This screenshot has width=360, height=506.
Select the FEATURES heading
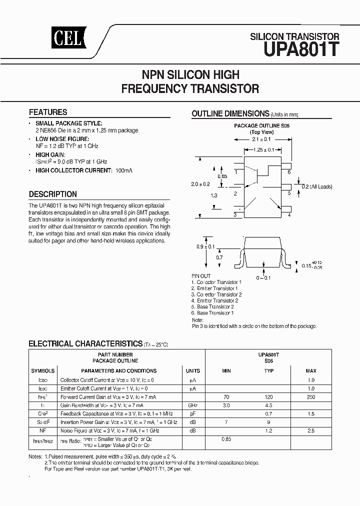pyautogui.click(x=48, y=112)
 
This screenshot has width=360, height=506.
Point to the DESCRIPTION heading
pyautogui.click(x=53, y=194)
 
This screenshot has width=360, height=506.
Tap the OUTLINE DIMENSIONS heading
pyautogui.click(x=230, y=113)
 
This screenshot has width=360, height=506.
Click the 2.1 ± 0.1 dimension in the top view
pyautogui.click(x=262, y=139)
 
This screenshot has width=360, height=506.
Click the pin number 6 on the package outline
pyautogui.click(x=289, y=171)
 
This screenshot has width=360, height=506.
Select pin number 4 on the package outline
pyautogui.click(x=289, y=215)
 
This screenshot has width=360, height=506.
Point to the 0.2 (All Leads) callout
pyautogui.click(x=317, y=186)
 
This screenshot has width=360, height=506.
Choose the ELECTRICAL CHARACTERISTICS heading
pyautogui.click(x=85, y=344)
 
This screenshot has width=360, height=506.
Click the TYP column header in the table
pyautogui.click(x=269, y=371)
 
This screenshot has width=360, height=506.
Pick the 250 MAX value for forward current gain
pyautogui.click(x=310, y=396)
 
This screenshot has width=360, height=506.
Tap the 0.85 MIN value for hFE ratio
pyautogui.click(x=226, y=439)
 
